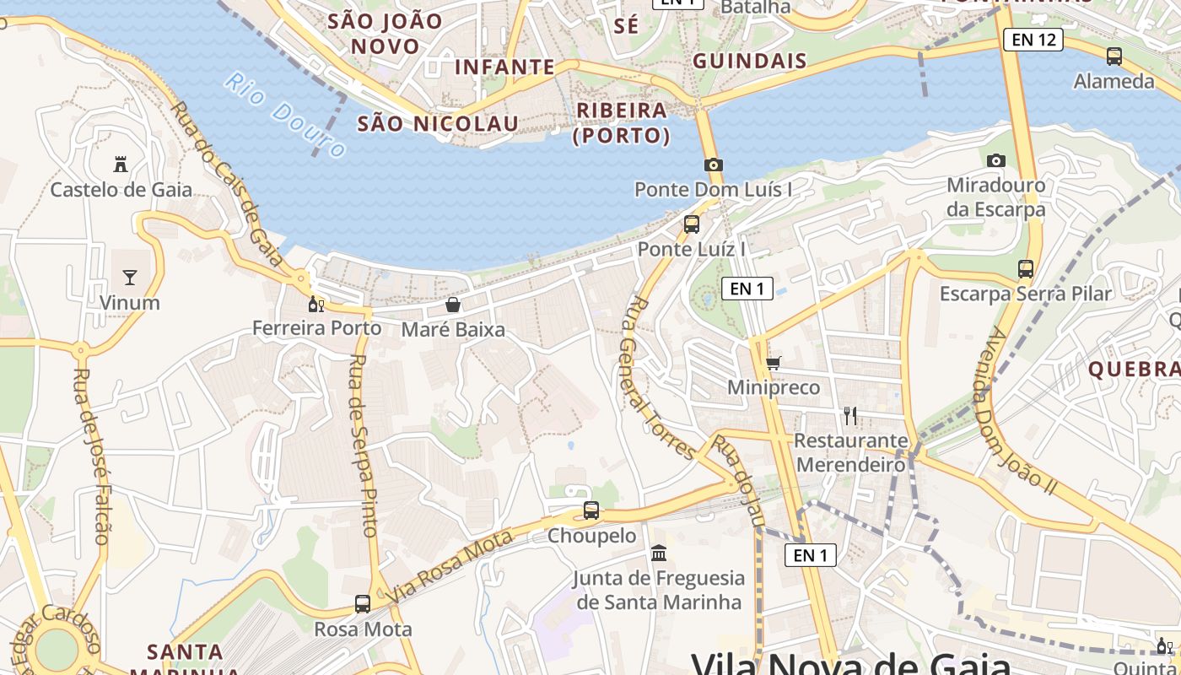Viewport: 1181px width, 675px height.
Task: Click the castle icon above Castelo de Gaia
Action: click(120, 164)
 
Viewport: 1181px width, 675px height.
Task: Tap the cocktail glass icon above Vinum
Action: click(129, 277)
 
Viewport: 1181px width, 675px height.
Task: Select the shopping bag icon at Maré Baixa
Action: click(453, 305)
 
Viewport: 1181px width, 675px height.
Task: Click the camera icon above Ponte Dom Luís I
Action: click(714, 165)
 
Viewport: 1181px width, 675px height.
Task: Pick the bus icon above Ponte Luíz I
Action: click(692, 224)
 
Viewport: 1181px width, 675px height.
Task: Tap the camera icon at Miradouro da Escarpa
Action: click(996, 160)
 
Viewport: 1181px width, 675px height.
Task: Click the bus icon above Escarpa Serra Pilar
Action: click(1026, 269)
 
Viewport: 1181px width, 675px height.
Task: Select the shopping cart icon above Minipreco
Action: click(774, 364)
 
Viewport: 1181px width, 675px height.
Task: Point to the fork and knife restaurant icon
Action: click(850, 415)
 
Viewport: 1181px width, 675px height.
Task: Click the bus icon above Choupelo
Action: click(591, 510)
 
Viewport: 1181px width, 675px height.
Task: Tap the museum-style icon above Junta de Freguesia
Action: click(659, 553)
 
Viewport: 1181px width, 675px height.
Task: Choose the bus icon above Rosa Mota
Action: click(363, 604)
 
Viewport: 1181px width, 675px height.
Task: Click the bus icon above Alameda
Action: click(1114, 57)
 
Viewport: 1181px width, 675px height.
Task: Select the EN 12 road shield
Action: click(1033, 39)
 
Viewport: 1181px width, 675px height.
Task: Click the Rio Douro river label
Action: click(285, 116)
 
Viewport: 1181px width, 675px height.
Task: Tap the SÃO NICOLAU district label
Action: click(438, 124)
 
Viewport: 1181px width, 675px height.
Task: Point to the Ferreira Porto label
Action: click(317, 328)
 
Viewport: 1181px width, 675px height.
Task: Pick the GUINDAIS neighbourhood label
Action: click(750, 61)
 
